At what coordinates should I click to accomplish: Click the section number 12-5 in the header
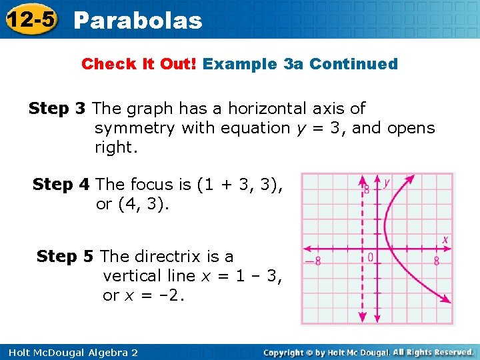[30, 20]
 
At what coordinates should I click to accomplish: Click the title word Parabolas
[138, 21]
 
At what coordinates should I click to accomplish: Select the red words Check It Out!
[139, 64]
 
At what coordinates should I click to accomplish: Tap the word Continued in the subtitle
[353, 64]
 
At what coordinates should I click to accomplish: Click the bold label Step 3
[57, 108]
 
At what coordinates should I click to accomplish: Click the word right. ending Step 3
[116, 148]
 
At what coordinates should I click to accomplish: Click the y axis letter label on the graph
[387, 181]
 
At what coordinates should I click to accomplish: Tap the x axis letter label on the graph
[445, 239]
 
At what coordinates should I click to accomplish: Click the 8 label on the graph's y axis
[366, 189]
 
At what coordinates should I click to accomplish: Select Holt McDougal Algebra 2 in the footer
[69, 352]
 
